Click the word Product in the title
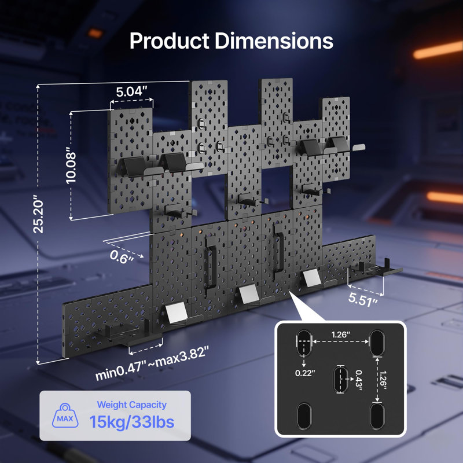[170, 41]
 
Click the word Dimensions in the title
[274, 41]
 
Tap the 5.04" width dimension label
[131, 91]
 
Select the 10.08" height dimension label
[71, 166]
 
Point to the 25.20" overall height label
[38, 214]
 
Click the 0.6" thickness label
[122, 256]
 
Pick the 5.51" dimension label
[363, 299]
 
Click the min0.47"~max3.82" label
[152, 363]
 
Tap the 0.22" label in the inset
[306, 373]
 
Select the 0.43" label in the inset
[358, 380]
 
